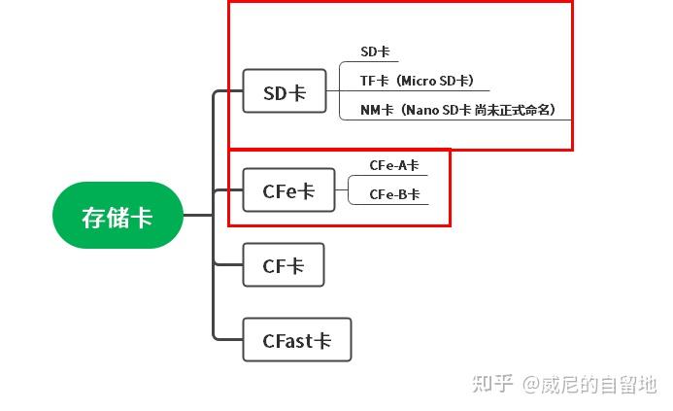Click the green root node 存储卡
click(118, 216)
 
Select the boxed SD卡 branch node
click(285, 92)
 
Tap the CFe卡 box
click(288, 190)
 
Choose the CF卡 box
click(283, 265)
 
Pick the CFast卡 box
click(296, 340)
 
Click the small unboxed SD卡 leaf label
click(374, 52)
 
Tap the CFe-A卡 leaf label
click(393, 166)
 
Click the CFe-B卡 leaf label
click(393, 194)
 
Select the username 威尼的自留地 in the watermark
click(599, 385)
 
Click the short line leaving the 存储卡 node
click(197, 215)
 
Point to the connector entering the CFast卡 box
click(227, 339)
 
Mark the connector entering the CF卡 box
click(227, 264)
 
